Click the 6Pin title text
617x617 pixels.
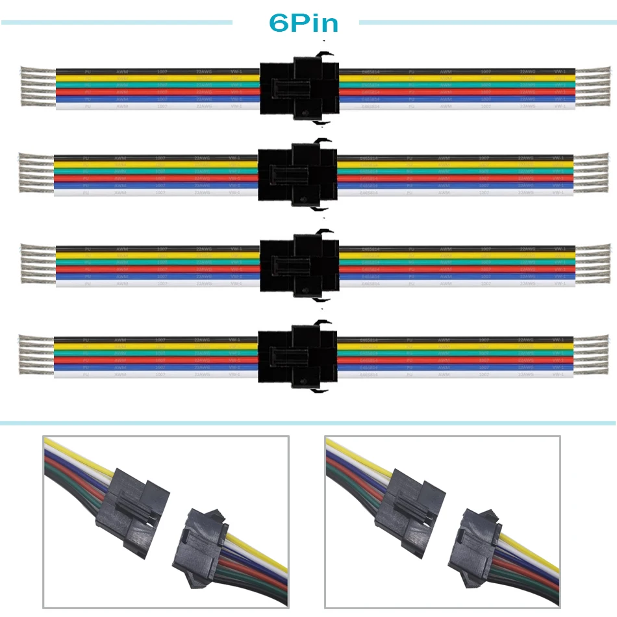click(x=304, y=23)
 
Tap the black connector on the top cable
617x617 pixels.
click(x=299, y=88)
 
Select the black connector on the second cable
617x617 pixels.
click(x=297, y=174)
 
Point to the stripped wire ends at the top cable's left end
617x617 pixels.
click(x=38, y=87)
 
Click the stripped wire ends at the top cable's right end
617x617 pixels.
click(x=592, y=87)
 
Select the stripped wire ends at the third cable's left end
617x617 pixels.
click(x=38, y=264)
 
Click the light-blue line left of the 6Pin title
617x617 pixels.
click(x=117, y=23)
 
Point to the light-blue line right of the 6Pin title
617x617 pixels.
click(x=487, y=23)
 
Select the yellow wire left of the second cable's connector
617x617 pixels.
click(x=156, y=164)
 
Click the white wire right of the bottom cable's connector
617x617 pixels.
click(x=455, y=375)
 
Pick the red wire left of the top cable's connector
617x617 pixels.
click(x=156, y=92)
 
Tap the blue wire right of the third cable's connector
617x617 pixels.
click(x=455, y=276)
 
